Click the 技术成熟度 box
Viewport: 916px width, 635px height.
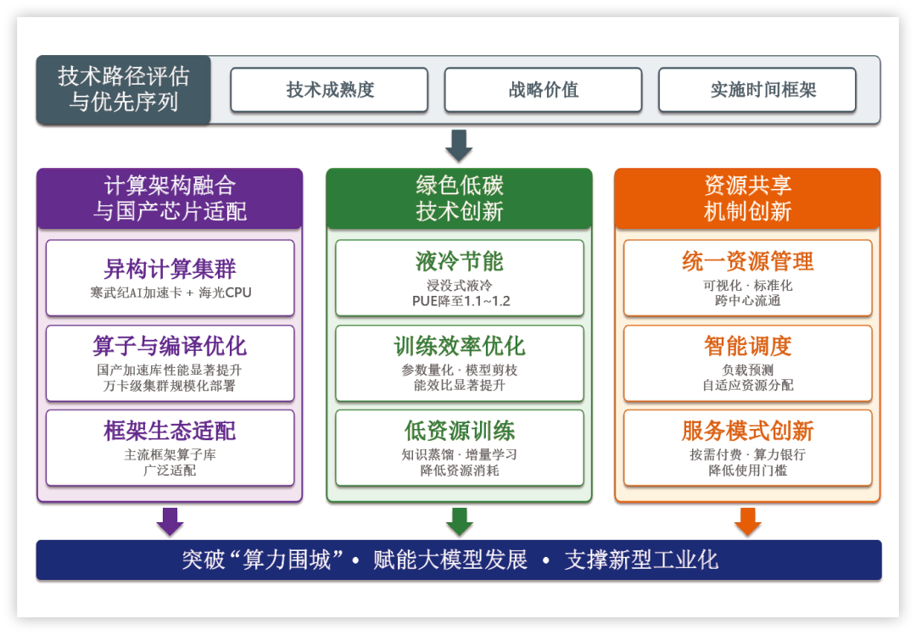(329, 90)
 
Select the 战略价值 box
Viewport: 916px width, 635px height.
(543, 90)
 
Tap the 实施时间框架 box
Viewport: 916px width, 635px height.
(757, 90)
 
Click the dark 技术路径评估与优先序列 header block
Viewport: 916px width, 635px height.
(124, 90)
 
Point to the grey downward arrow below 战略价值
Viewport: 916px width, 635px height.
(459, 145)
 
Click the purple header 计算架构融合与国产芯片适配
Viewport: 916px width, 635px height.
(170, 198)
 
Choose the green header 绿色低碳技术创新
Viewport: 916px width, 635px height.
(459, 198)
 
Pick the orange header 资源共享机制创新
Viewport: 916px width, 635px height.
(747, 198)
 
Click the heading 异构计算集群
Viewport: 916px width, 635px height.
(170, 270)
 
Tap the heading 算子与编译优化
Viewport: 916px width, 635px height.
(170, 346)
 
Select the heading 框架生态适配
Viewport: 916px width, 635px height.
(170, 431)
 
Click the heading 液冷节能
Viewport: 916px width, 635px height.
(459, 261)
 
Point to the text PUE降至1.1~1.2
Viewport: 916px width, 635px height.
(459, 301)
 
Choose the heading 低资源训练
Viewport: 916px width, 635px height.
(459, 431)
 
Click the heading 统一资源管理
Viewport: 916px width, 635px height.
(747, 261)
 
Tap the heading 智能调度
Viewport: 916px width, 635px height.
(747, 346)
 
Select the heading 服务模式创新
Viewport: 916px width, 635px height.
(747, 431)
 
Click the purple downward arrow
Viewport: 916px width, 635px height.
(170, 521)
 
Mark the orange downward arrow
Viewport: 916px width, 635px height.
(747, 521)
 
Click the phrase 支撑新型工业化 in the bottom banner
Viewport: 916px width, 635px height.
(641, 560)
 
